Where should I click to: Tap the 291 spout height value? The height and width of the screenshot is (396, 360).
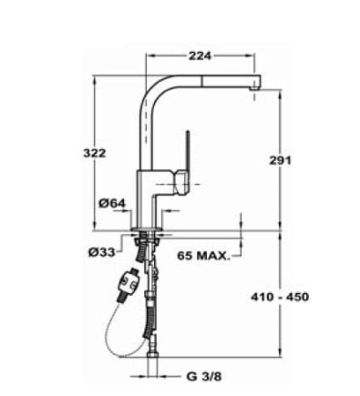[279, 160]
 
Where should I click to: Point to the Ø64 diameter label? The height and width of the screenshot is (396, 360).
[112, 203]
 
